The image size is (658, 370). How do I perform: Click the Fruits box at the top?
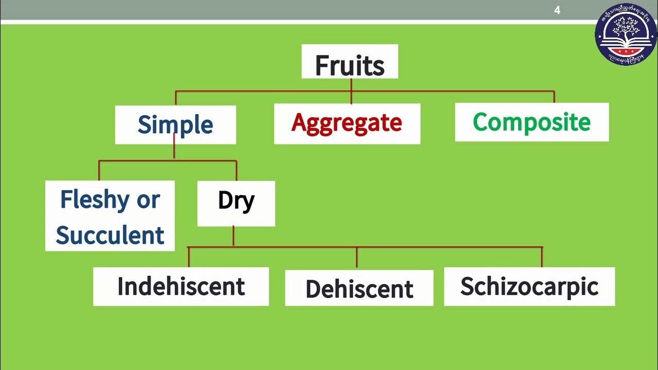[350, 62]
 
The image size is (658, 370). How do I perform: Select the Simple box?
[175, 125]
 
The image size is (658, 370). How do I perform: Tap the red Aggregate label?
[347, 123]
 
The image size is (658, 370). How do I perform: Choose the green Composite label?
[532, 122]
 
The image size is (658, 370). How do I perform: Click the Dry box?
[236, 203]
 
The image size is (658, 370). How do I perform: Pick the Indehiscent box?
[181, 286]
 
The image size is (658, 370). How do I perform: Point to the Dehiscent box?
[359, 288]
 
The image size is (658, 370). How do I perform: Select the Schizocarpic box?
[529, 286]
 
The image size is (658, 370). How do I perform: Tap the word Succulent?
[110, 235]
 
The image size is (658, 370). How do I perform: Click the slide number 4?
[557, 10]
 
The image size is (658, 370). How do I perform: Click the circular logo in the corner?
[626, 34]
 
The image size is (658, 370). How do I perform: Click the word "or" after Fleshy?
[148, 199]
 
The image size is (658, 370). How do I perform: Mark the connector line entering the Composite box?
[554, 97]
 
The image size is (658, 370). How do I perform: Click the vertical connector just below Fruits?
[351, 85]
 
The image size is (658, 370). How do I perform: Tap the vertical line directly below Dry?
[233, 236]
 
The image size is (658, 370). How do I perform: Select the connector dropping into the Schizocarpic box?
[542, 257]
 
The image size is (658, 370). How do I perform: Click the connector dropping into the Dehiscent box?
[357, 258]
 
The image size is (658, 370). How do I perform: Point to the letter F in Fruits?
[321, 66]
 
